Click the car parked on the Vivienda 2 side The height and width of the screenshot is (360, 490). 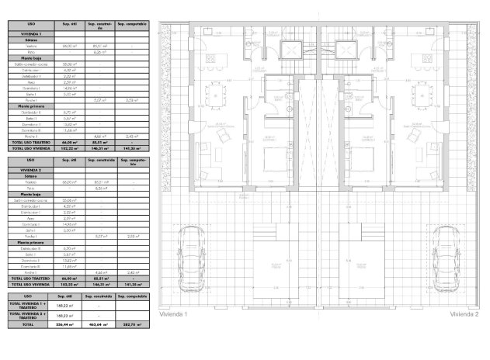[x=446, y=248]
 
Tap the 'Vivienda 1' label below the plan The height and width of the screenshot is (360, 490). [x=174, y=315]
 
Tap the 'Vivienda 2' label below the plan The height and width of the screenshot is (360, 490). [x=464, y=315]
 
